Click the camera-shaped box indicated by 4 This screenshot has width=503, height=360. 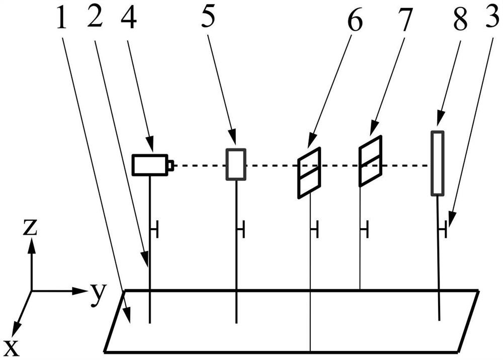coord(149,164)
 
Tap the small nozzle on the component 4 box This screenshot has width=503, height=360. coord(171,164)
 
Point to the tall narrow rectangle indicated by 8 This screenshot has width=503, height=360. coord(438,162)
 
